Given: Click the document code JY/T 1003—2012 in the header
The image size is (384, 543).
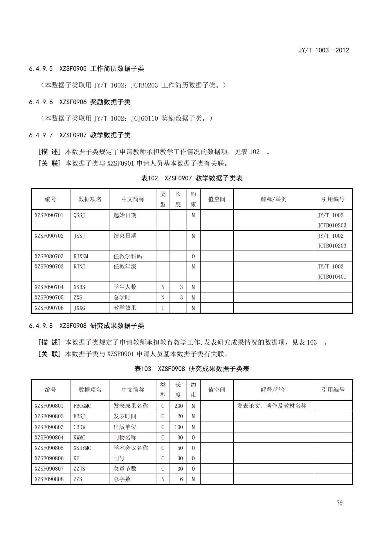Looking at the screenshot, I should (x=323, y=50).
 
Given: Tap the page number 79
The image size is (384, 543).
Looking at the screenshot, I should (x=340, y=502).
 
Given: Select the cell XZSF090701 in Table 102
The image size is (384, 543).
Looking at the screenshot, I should (x=49, y=215).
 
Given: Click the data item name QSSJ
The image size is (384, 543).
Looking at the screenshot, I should (x=79, y=215).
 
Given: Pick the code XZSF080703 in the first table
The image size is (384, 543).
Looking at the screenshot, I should (x=49, y=256).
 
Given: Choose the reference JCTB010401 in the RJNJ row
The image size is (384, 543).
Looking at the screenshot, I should (x=332, y=277).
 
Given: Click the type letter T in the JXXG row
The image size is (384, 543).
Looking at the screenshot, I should (x=163, y=308).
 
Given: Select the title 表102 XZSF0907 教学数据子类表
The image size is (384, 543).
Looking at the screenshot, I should (x=192, y=178).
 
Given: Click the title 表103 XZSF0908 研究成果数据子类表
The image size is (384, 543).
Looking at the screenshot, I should (x=192, y=369).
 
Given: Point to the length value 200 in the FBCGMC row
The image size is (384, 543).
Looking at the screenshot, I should (x=179, y=406).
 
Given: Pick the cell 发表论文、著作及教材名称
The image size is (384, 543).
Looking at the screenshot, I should (x=272, y=406).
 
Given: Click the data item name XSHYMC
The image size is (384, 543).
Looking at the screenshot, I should (x=82, y=448).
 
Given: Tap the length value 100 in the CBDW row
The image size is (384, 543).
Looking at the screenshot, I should (x=179, y=427).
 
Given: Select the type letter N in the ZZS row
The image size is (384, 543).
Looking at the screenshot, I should (x=163, y=479).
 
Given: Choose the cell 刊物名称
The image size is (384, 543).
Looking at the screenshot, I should (x=125, y=437).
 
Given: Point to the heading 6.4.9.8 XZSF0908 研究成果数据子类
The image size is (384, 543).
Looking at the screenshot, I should (x=86, y=326).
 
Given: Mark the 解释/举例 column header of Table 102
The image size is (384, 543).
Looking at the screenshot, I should (x=273, y=199).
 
